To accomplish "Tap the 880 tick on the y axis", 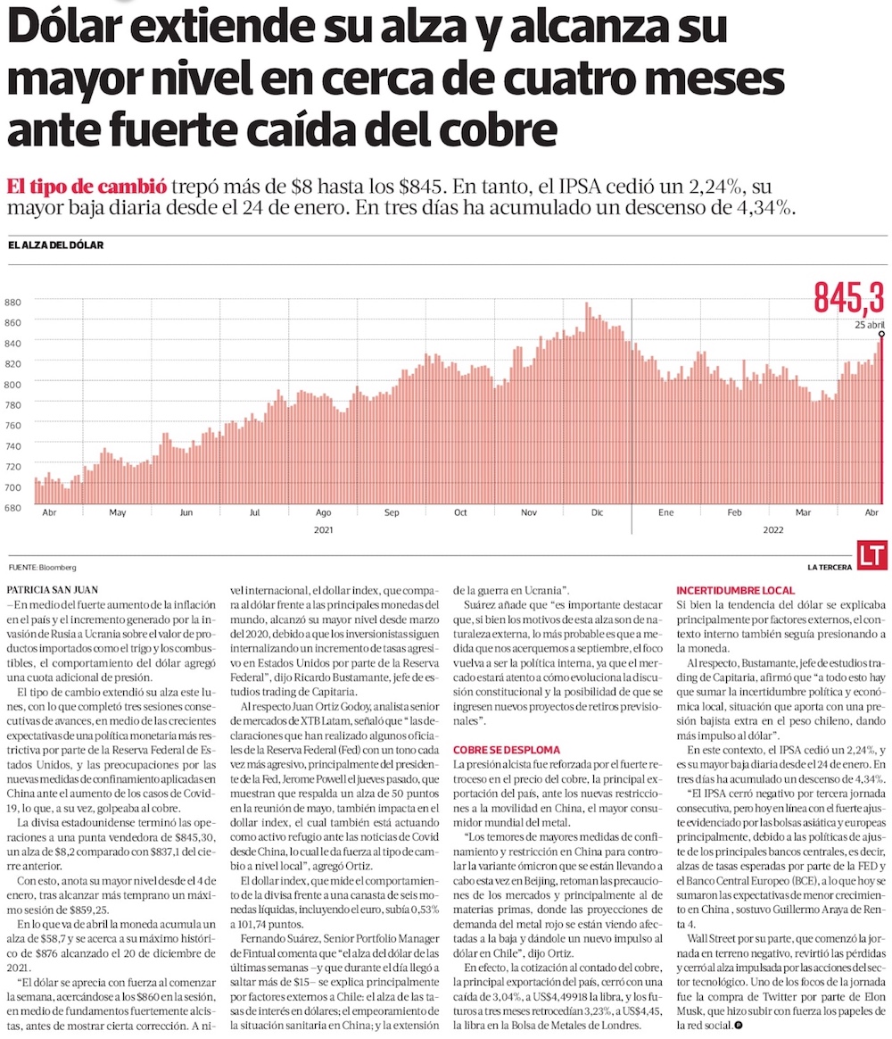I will [x=13, y=302].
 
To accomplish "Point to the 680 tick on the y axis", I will [x=13, y=508].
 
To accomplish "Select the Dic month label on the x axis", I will [x=597, y=513].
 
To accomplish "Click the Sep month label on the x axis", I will [x=392, y=513].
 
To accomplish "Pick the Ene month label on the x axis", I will [x=665, y=513].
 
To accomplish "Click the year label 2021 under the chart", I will [x=322, y=529].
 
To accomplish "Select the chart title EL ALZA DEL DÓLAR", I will [x=55, y=245].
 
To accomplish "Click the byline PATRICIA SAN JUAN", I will [x=53, y=590].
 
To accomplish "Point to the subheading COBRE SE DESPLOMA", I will [x=506, y=750].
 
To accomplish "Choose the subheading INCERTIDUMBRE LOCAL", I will [x=736, y=591].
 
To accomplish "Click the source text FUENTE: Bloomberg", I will [x=42, y=568].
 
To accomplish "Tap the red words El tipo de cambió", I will [x=87, y=187].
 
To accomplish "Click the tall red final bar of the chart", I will [x=882, y=420].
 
